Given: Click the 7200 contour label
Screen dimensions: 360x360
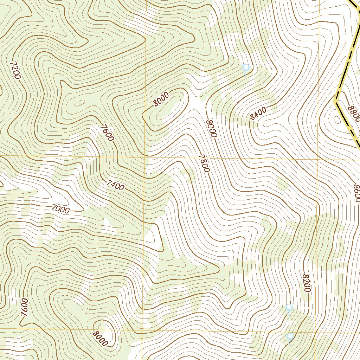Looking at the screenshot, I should tap(16, 70).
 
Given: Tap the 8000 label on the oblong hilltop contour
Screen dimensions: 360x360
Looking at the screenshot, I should tap(161, 99).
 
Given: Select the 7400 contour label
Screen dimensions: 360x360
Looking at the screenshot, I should tap(115, 185).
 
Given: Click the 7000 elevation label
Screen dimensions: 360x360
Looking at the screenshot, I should tap(60, 209).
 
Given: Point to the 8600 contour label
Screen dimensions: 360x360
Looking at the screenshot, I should tap(356, 193).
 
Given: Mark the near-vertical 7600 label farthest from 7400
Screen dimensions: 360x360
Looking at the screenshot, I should tap(24, 307).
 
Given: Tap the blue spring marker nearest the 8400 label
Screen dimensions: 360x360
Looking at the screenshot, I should tap(246, 67).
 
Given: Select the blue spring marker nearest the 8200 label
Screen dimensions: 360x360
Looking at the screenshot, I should tap(289, 308).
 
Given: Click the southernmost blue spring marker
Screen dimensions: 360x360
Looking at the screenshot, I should tap(290, 336).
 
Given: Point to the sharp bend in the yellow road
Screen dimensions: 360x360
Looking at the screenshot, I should tap(335, 101).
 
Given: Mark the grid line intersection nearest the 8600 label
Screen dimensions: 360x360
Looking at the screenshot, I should tap(318, 159).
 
